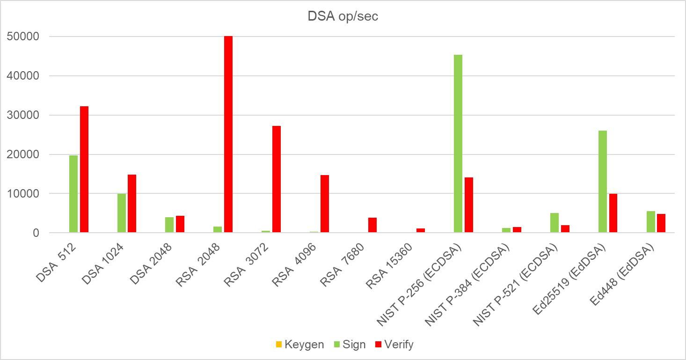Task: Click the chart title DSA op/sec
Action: pyautogui.click(x=343, y=16)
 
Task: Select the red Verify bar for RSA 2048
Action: pyautogui.click(x=228, y=134)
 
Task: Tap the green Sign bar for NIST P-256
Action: pyautogui.click(x=458, y=143)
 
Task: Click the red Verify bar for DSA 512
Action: pyautogui.click(x=84, y=169)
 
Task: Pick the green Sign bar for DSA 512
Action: pyautogui.click(x=73, y=194)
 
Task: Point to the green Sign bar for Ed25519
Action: pyautogui.click(x=602, y=181)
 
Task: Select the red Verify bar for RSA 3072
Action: pyautogui.click(x=277, y=179)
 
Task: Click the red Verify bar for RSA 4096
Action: pyautogui.click(x=325, y=204)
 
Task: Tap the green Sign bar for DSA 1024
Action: pyautogui.click(x=122, y=213)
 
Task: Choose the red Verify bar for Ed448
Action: pyautogui.click(x=661, y=223)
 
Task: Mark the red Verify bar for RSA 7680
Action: pyautogui.click(x=372, y=225)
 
